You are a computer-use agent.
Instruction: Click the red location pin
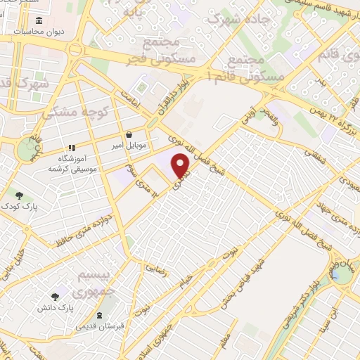(x=181, y=165)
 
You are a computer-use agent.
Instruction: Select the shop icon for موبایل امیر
(x=128, y=135)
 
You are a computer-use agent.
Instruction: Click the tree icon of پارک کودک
(x=20, y=196)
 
